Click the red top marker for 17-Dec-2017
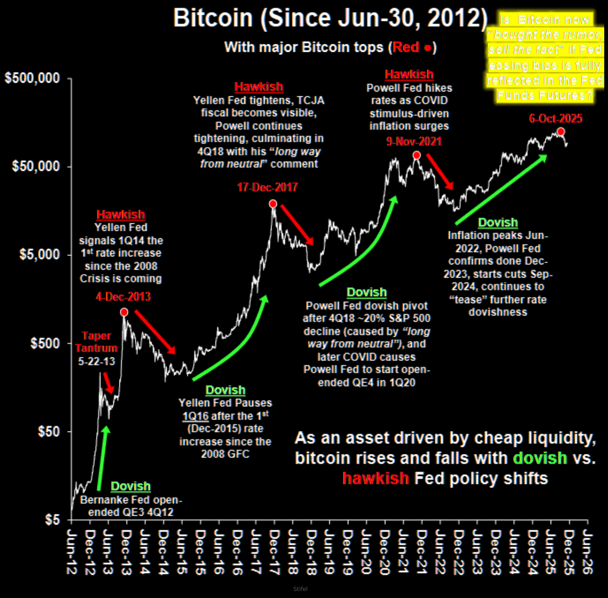tap(273, 204)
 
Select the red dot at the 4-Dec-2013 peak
tap(124, 312)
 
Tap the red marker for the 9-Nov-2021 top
tap(416, 155)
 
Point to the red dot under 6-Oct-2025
tap(561, 132)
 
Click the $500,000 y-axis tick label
tap(32, 78)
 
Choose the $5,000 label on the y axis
tap(40, 254)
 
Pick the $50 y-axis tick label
tap(49, 431)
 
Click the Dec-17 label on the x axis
tap(274, 552)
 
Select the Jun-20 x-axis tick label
tap(366, 552)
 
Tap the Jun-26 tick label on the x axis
tap(587, 552)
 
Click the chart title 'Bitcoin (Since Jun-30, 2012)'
tap(330, 18)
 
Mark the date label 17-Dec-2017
tap(267, 187)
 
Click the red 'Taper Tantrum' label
tap(96, 342)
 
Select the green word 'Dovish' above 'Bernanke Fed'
tap(130, 487)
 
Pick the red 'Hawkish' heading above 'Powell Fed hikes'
tap(409, 74)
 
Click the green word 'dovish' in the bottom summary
tap(540, 458)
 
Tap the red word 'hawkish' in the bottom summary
tap(375, 479)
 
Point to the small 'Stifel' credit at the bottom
tap(300, 589)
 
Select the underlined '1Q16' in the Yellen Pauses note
tap(195, 416)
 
